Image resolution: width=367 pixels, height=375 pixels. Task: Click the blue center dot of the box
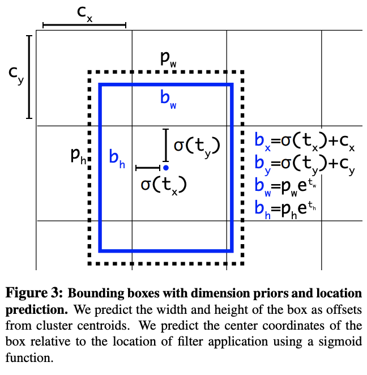[165, 168]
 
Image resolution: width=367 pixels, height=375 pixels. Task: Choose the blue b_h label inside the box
[117, 156]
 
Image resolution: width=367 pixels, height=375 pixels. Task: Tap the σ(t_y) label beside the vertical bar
[196, 146]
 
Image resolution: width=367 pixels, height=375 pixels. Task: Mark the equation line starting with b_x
[305, 143]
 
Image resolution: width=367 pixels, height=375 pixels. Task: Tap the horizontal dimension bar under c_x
[84, 25]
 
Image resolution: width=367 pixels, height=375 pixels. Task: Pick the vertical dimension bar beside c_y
[29, 77]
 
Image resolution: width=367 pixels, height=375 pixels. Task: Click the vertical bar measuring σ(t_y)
[165, 146]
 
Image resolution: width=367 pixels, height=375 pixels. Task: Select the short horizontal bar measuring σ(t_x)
[148, 168]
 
